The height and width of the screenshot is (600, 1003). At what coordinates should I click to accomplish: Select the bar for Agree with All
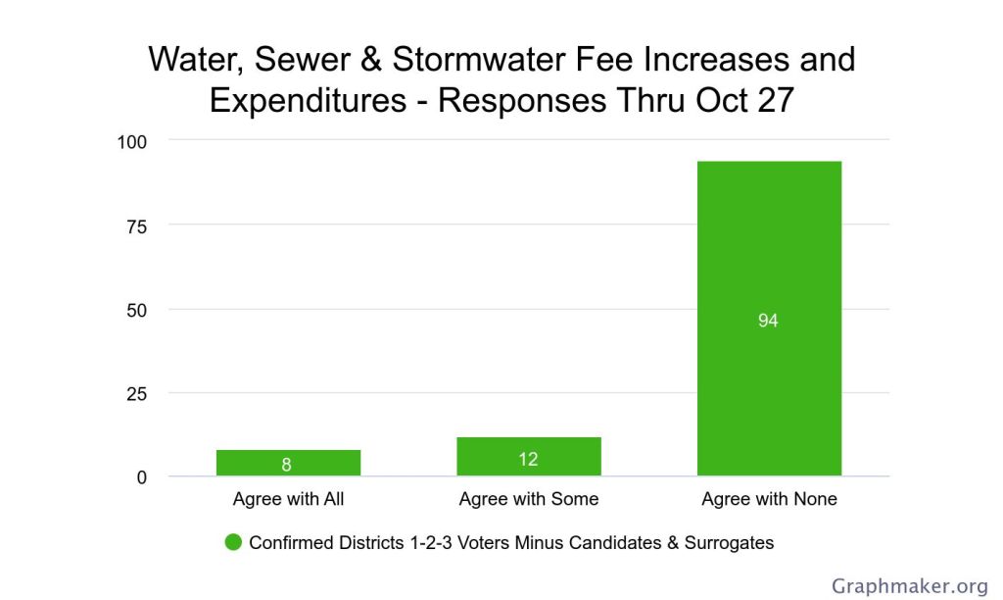(x=288, y=463)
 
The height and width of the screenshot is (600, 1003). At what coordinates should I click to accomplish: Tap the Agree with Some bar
(x=529, y=457)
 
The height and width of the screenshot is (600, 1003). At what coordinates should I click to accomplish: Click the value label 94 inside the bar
(x=768, y=321)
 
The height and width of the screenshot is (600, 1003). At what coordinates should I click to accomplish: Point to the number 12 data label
(x=529, y=459)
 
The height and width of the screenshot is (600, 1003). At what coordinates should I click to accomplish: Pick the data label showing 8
(x=287, y=465)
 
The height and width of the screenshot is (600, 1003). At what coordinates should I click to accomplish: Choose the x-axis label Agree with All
(x=288, y=499)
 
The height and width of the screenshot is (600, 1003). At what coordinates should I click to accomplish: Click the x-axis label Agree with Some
(x=529, y=499)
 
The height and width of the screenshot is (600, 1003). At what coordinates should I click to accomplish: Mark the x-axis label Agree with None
(x=769, y=499)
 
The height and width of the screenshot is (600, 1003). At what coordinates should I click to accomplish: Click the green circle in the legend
(x=233, y=542)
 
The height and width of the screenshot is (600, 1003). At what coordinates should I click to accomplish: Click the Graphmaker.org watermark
(x=910, y=586)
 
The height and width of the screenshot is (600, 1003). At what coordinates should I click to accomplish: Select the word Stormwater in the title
(x=476, y=60)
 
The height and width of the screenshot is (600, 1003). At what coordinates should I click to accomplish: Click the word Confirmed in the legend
(x=291, y=542)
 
